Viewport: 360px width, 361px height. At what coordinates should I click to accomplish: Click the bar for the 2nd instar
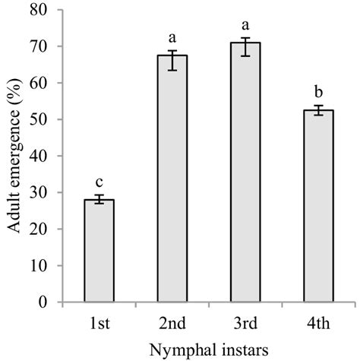[x=172, y=179]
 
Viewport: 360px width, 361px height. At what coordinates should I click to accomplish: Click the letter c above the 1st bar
[x=99, y=182]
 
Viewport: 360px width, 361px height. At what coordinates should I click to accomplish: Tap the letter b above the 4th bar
[x=320, y=90]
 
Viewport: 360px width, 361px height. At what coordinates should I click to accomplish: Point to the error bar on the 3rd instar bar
[x=246, y=47]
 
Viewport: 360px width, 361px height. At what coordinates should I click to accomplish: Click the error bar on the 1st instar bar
[x=99, y=200]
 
